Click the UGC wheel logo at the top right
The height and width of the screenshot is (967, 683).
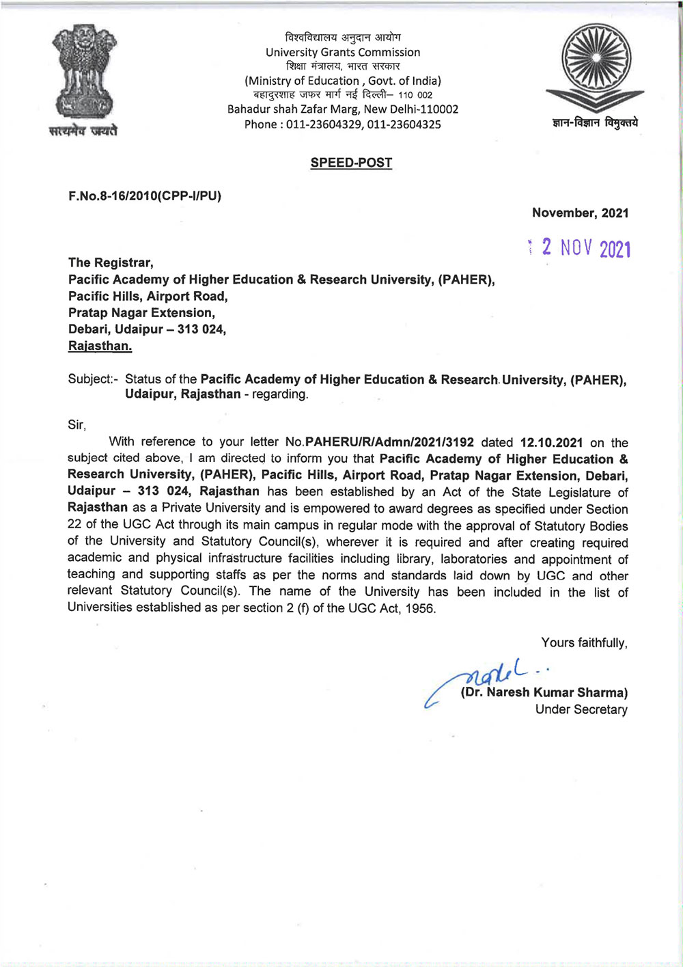click(594, 66)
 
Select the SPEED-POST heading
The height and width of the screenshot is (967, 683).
click(351, 163)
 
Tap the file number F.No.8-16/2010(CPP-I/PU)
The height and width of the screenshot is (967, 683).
click(145, 196)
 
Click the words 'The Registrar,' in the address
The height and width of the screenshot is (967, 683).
click(111, 262)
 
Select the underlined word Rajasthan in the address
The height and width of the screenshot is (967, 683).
click(100, 346)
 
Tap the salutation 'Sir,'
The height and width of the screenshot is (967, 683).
click(76, 425)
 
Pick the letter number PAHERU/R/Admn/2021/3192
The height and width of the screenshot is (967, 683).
click(389, 442)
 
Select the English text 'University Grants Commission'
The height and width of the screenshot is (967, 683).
click(343, 52)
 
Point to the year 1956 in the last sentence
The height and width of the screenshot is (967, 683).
click(419, 608)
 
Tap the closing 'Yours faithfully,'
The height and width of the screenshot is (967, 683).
click(584, 643)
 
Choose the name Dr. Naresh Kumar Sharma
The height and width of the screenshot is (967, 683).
click(544, 692)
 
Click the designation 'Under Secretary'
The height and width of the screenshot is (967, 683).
click(581, 709)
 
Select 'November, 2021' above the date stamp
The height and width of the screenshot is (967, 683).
click(580, 213)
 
